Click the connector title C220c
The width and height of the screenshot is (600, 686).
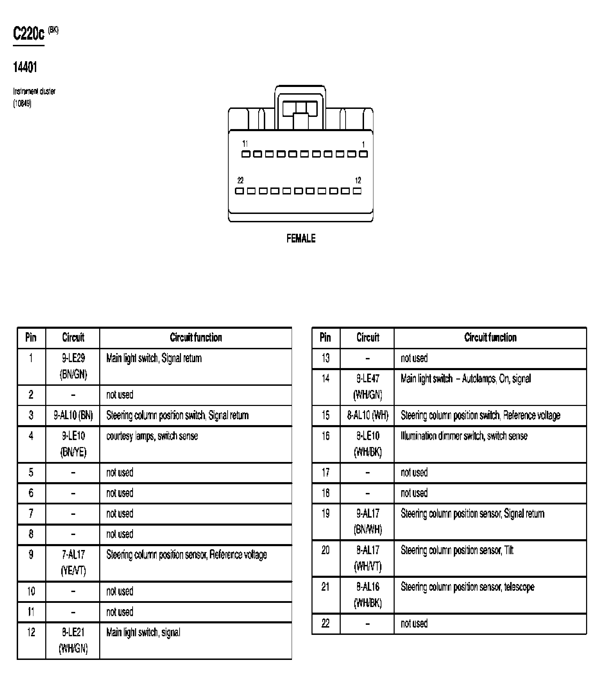click(x=29, y=34)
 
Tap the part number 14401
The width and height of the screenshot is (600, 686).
click(x=25, y=67)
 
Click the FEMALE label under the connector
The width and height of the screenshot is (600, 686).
click(x=301, y=239)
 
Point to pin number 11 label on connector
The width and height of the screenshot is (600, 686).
click(x=245, y=144)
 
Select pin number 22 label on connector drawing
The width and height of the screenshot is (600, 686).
click(x=240, y=181)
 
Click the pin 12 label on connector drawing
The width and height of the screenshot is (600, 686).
click(x=358, y=181)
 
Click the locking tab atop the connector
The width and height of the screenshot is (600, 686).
click(x=300, y=109)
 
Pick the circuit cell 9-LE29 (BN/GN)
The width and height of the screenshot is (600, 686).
click(x=73, y=366)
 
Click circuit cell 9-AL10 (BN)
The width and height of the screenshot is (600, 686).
click(x=73, y=415)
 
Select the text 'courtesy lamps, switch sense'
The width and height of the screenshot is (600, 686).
click(x=152, y=436)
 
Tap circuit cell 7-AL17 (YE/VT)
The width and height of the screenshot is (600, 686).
click(x=73, y=563)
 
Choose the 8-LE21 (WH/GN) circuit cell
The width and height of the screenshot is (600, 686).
click(x=73, y=640)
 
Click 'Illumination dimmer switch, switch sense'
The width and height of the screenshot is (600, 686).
click(x=464, y=436)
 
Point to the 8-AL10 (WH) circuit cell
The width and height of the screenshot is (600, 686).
click(x=368, y=415)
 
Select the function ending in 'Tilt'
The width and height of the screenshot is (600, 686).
click(x=457, y=550)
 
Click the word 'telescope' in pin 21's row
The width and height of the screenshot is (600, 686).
click(x=519, y=587)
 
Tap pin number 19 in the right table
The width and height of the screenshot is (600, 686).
click(x=325, y=514)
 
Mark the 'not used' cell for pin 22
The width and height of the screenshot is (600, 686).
click(x=414, y=624)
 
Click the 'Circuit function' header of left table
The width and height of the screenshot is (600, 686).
click(x=196, y=337)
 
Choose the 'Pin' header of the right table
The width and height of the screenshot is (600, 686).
click(x=325, y=337)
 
